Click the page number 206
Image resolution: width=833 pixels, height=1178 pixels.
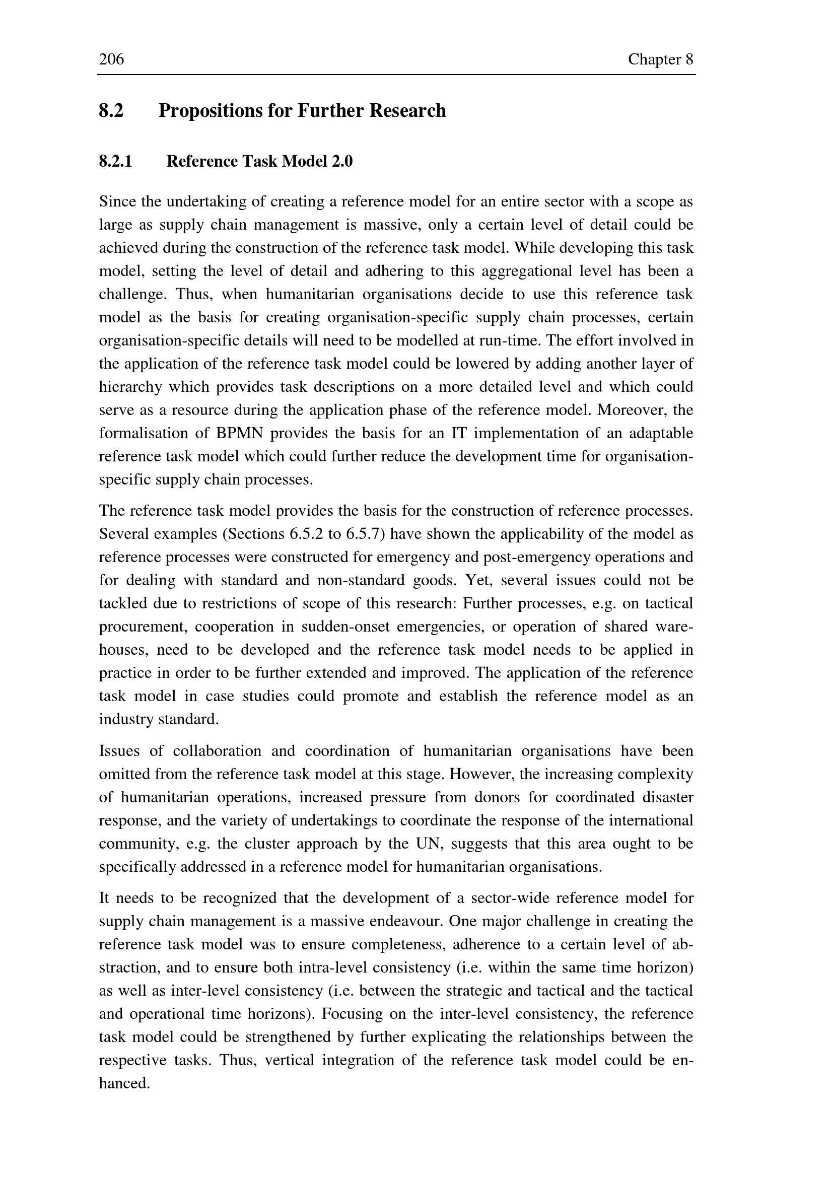[111, 59]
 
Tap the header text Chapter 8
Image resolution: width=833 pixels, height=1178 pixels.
[660, 59]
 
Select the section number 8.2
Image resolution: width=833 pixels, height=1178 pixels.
[111, 110]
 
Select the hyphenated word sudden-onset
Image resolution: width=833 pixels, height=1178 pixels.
[345, 627]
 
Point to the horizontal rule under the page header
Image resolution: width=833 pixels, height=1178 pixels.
[396, 75]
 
